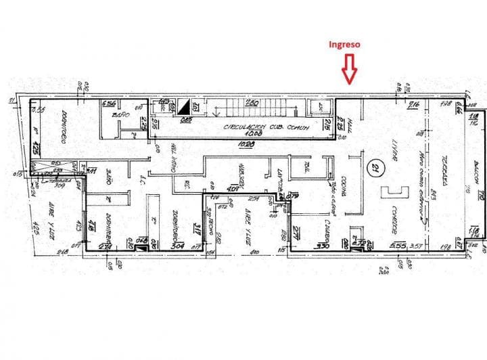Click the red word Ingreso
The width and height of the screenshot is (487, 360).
(x=344, y=45)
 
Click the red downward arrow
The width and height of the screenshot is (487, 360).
(x=349, y=69)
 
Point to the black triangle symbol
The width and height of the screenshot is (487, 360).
(x=184, y=106)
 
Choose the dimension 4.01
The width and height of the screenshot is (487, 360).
(x=233, y=189)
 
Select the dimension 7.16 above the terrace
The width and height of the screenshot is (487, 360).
(x=413, y=104)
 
